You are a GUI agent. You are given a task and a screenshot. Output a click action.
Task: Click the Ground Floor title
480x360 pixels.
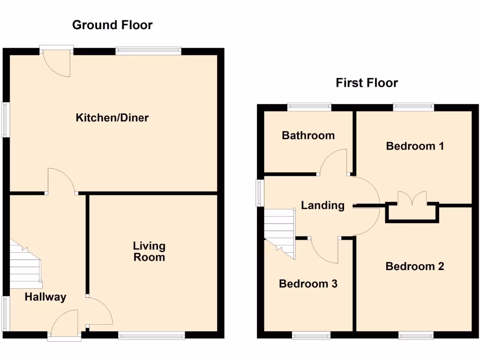pyautogui.click(x=112, y=25)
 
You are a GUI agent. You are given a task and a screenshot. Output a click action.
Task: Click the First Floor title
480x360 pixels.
pyautogui.click(x=367, y=83)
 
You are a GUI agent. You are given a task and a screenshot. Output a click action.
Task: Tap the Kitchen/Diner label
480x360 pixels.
pyautogui.click(x=112, y=118)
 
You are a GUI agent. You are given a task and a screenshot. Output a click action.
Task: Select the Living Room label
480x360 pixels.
pyautogui.click(x=149, y=252)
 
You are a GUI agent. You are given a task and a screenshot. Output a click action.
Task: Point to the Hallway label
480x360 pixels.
pyautogui.click(x=45, y=297)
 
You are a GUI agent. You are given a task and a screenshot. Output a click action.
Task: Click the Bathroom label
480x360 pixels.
pyautogui.click(x=308, y=135)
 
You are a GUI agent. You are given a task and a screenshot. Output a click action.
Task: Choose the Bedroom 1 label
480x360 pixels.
pyautogui.click(x=415, y=146)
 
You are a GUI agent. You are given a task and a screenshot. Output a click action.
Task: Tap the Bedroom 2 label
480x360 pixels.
pyautogui.click(x=415, y=266)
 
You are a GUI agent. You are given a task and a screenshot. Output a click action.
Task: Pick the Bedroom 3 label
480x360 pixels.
pyautogui.click(x=308, y=284)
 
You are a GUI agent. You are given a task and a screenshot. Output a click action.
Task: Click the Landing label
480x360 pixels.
pyautogui.click(x=322, y=205)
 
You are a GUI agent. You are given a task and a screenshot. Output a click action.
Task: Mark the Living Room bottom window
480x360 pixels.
pyautogui.click(x=151, y=335)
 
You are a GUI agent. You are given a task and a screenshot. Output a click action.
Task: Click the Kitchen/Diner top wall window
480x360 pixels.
pyautogui.click(x=148, y=51)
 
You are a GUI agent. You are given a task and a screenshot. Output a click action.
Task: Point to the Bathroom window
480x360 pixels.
pyautogui.click(x=309, y=107)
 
